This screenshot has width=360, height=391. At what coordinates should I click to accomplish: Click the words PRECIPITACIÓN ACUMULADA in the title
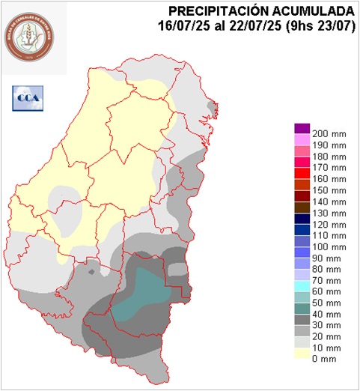tap(261, 10)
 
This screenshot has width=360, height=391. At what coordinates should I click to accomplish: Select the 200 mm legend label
tap(329, 133)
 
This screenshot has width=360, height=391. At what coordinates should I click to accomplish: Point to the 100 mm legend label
tap(329, 246)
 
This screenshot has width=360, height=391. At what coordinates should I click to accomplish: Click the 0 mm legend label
tap(323, 360)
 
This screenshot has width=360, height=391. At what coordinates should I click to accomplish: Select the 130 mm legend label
tap(329, 213)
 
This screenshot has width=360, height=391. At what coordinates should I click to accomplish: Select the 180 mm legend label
tap(329, 156)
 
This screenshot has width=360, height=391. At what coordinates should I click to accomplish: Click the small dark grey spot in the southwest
tap(91, 273)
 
